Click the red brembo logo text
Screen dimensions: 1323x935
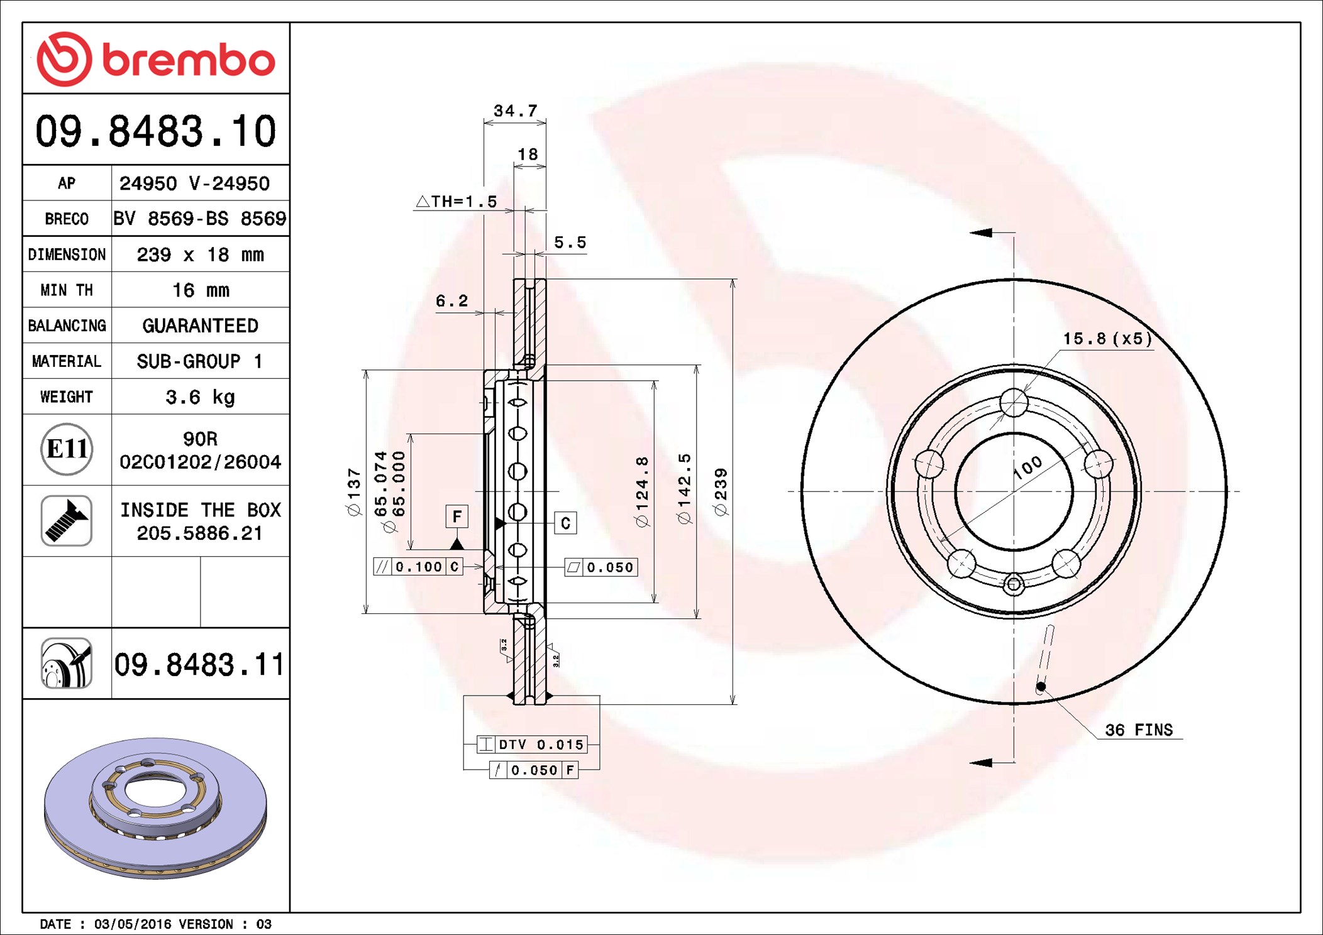pyautogui.click(x=189, y=60)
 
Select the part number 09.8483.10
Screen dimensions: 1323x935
pyautogui.click(x=155, y=131)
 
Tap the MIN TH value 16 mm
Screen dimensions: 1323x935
pyautogui.click(x=201, y=290)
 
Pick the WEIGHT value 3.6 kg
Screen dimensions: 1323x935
pyautogui.click(x=200, y=397)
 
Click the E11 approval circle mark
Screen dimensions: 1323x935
pyautogui.click(x=67, y=449)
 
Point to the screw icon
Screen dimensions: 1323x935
pyautogui.click(x=67, y=520)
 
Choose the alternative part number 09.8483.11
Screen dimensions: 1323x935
pyautogui.click(x=199, y=664)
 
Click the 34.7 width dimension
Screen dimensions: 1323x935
pyautogui.click(x=516, y=111)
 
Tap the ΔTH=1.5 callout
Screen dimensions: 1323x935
pyautogui.click(x=457, y=201)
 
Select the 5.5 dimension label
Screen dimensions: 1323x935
pyautogui.click(x=570, y=242)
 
